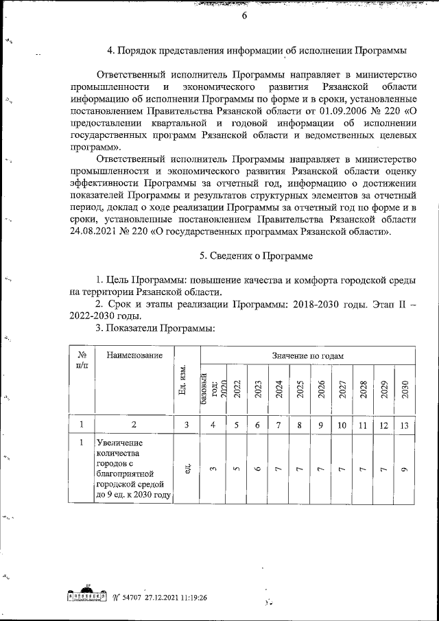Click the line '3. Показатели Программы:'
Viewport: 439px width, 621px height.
pos(155,329)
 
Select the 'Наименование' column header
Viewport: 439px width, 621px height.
pos(130,355)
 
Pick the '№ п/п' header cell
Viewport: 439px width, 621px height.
pos(82,361)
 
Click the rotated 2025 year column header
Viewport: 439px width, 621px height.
pos(300,389)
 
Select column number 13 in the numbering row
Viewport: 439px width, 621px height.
pos(404,425)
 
